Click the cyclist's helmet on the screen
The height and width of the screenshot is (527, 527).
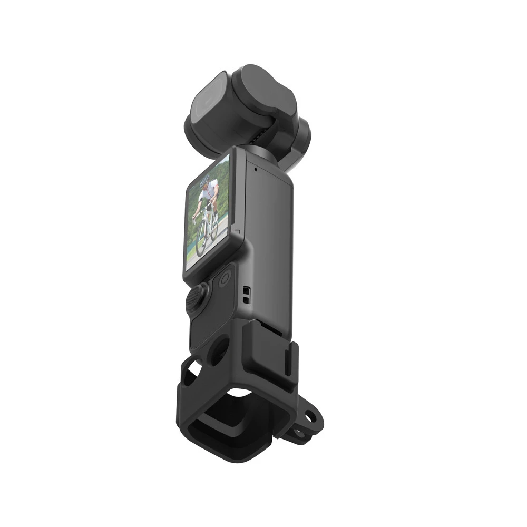tap(204, 181)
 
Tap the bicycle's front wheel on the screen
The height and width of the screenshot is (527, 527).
tap(201, 242)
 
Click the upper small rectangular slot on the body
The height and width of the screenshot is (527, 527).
tap(246, 290)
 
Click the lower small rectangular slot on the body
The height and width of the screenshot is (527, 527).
tap(246, 299)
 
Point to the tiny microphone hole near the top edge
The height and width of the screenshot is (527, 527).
tap(255, 170)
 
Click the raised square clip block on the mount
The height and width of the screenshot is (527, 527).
tap(269, 348)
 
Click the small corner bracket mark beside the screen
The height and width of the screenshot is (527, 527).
tap(237, 231)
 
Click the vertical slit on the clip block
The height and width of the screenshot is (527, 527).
tap(289, 358)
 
